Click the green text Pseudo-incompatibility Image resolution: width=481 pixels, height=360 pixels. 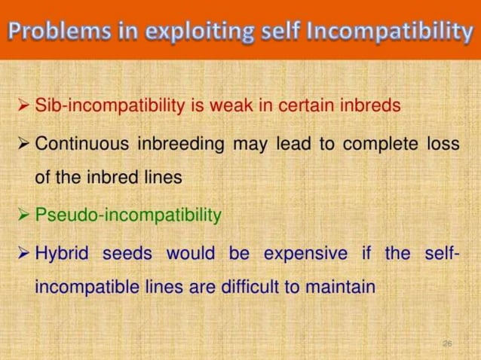click(128, 215)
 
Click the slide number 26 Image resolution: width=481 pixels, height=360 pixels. click(446, 343)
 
